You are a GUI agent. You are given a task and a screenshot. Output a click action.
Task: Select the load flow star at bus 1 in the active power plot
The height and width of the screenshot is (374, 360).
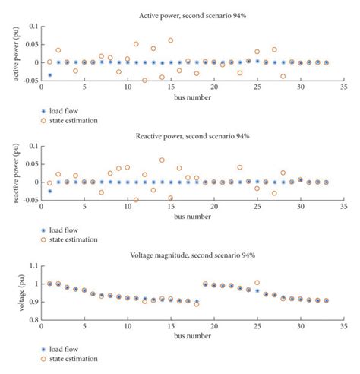pos(50,75)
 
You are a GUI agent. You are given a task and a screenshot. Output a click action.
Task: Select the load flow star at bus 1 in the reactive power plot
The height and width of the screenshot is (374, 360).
pos(50,191)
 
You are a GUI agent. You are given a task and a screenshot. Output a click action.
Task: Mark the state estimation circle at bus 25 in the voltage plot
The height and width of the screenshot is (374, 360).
pos(257,283)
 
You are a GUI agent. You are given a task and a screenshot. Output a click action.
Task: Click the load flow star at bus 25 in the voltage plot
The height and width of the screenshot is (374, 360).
pos(257,290)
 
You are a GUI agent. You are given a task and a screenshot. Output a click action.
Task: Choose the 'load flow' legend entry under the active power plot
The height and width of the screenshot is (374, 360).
pos(72,110)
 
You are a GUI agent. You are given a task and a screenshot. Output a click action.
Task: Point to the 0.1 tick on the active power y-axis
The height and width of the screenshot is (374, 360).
pos(32,27)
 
